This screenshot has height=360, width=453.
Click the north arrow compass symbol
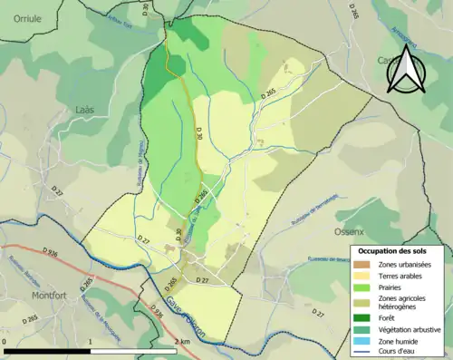406,70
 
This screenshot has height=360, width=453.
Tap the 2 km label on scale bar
181,342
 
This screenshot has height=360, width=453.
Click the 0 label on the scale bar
5,342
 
